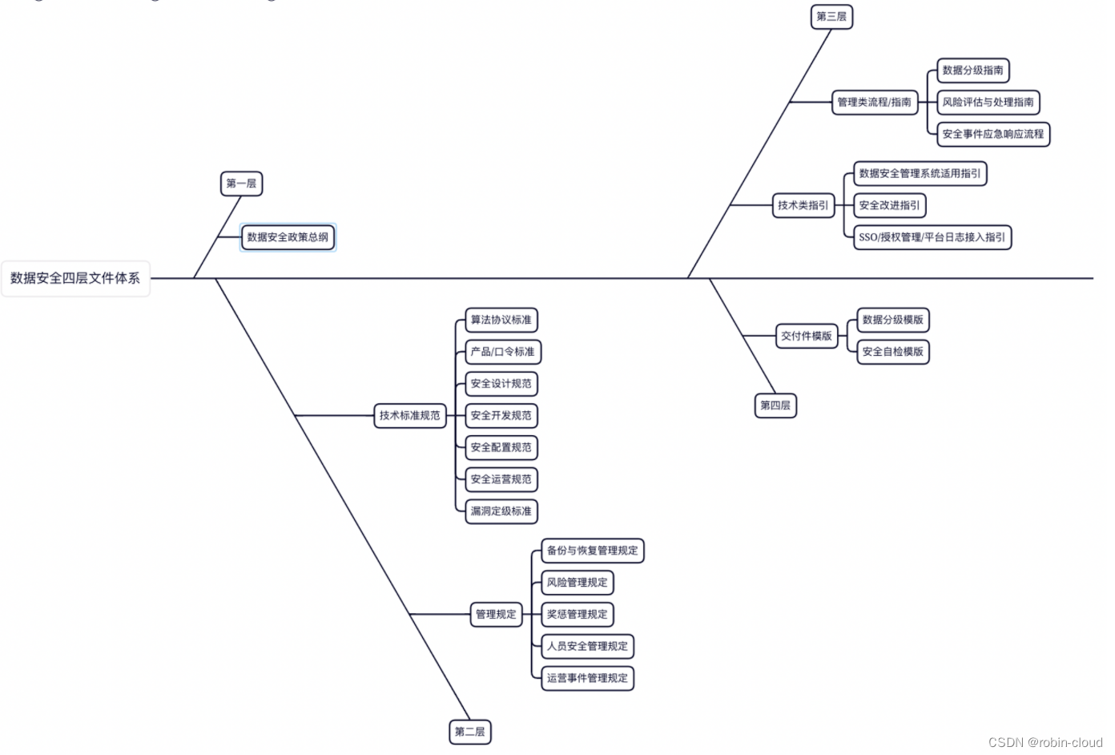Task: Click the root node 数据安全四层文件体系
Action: coord(75,278)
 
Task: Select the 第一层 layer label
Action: coord(241,184)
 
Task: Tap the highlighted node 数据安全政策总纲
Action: coord(288,237)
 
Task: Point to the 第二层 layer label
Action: coord(469,731)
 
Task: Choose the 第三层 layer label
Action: coord(831,17)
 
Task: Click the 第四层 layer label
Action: coord(775,406)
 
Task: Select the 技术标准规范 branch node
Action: coord(409,415)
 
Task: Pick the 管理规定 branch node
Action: coord(496,614)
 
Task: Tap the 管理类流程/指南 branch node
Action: coord(874,102)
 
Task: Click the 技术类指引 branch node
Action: coord(803,205)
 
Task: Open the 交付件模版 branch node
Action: coord(806,336)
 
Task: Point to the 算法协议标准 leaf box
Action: coord(501,320)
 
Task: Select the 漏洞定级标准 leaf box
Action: coord(501,511)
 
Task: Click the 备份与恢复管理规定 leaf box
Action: coord(592,551)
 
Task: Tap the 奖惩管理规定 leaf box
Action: coord(577,614)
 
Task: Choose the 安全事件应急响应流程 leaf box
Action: coord(992,134)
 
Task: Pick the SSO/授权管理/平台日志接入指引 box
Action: coord(932,237)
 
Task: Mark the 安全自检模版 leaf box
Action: coord(892,351)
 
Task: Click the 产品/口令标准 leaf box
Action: coord(502,352)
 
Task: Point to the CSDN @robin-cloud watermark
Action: coord(1045,742)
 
